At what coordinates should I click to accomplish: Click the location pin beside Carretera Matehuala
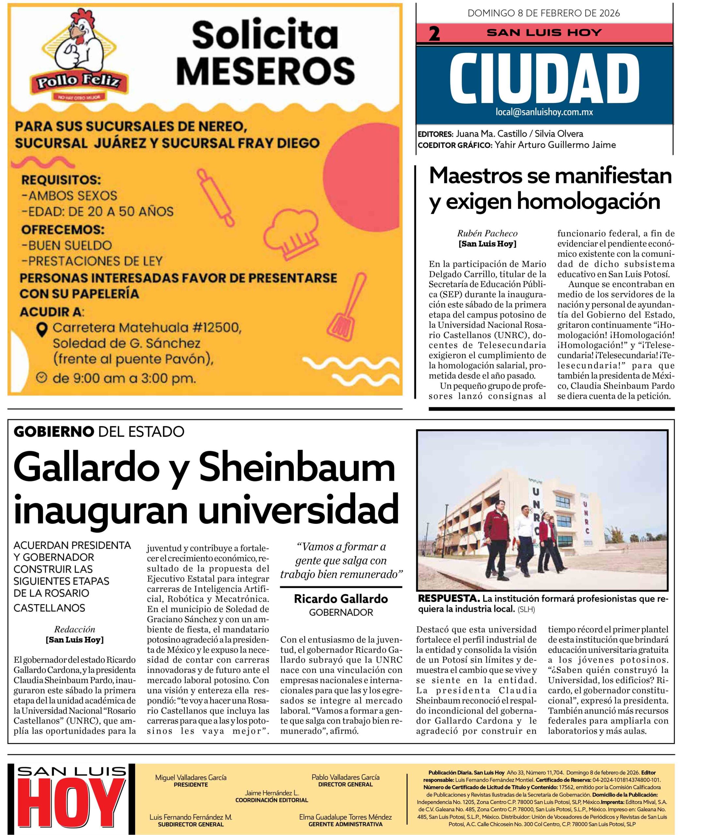pyautogui.click(x=42, y=329)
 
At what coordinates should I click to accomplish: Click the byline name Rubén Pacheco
pyautogui.click(x=487, y=234)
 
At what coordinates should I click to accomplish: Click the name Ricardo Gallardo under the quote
pyautogui.click(x=341, y=599)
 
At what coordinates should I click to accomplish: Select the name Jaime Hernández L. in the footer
pyautogui.click(x=272, y=793)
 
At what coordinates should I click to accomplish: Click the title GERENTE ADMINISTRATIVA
pyautogui.click(x=345, y=824)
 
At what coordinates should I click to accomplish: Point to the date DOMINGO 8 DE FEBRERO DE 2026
pyautogui.click(x=543, y=13)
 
